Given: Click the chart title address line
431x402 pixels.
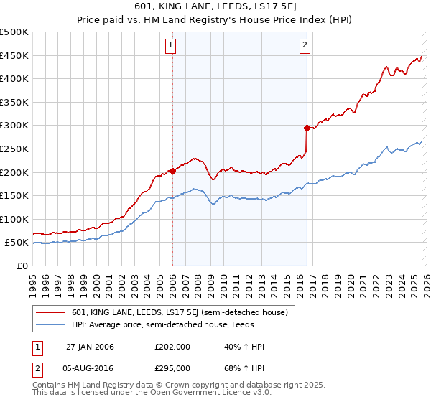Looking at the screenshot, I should (215, 6).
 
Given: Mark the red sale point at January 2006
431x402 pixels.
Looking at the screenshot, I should (172, 171).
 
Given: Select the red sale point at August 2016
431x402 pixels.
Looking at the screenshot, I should (307, 128).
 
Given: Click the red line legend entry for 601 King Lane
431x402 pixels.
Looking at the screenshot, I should (180, 312).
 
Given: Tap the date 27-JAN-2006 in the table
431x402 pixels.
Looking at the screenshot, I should (90, 347).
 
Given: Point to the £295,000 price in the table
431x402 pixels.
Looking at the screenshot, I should (172, 368).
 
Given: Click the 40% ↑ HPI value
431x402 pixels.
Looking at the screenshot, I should (245, 347).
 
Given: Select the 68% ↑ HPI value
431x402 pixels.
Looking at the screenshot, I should (245, 368).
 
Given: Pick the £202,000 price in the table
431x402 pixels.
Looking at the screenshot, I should (172, 347).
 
